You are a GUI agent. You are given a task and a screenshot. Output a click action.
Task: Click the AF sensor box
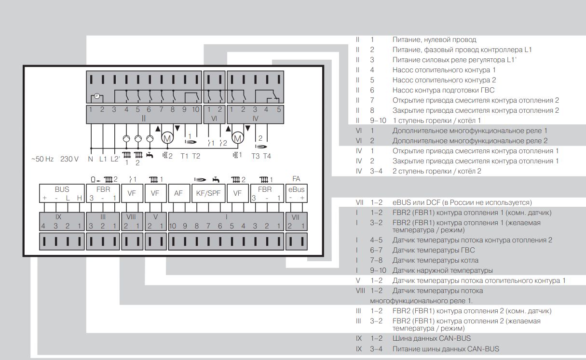point(178,193)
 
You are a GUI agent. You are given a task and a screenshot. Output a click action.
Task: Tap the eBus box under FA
point(296,193)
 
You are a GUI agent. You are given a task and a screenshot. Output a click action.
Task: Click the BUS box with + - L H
point(62,193)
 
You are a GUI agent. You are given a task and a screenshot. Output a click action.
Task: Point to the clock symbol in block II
point(97,96)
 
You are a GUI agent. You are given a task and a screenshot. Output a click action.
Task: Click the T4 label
point(267,156)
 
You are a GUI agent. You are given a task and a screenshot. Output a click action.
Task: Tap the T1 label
point(185,156)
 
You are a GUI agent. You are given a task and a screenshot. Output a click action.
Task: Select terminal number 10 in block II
point(195,109)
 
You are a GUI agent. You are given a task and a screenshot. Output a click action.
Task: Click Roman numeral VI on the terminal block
point(215,118)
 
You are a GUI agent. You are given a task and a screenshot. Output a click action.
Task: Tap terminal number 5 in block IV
point(278,109)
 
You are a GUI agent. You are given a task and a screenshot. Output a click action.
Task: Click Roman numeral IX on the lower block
point(58,217)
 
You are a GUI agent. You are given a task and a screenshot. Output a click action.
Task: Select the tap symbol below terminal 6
point(150,155)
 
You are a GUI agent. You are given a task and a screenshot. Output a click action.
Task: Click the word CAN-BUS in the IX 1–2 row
point(456,338)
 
